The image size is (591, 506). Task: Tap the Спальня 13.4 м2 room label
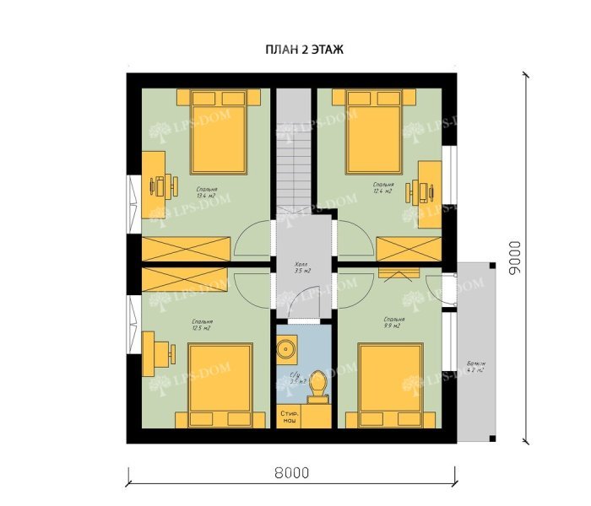[x=208, y=194]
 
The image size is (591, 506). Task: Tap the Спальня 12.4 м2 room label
[x=383, y=186]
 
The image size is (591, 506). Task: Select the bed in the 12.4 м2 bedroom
[x=374, y=129]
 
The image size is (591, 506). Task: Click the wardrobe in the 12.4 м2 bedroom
[x=409, y=250]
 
